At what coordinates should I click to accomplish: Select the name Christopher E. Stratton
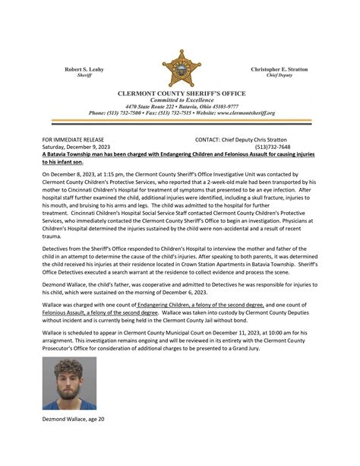[x=279, y=69]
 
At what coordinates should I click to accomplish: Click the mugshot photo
[x=69, y=384]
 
